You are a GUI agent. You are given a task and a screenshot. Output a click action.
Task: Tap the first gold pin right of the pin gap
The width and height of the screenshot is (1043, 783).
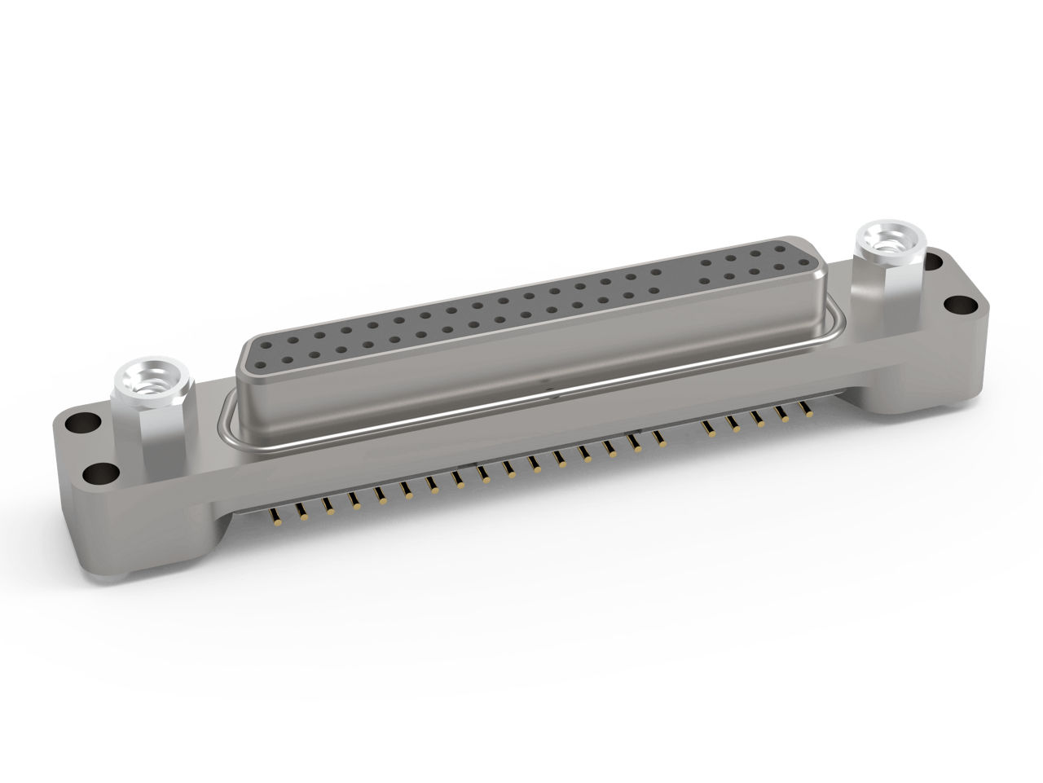[707, 424]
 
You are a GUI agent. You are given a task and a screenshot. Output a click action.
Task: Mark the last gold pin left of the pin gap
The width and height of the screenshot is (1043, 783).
[661, 440]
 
